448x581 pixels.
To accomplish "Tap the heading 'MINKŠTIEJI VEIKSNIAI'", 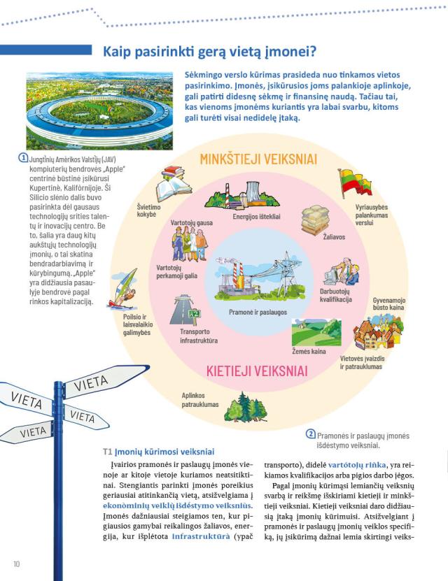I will click(258, 159).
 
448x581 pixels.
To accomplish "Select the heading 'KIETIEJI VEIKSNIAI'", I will click(257, 370).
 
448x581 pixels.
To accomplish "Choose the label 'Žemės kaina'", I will click(309, 351).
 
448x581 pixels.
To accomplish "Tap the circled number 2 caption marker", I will click(311, 433).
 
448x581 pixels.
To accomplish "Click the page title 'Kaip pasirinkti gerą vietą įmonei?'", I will click(210, 51).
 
